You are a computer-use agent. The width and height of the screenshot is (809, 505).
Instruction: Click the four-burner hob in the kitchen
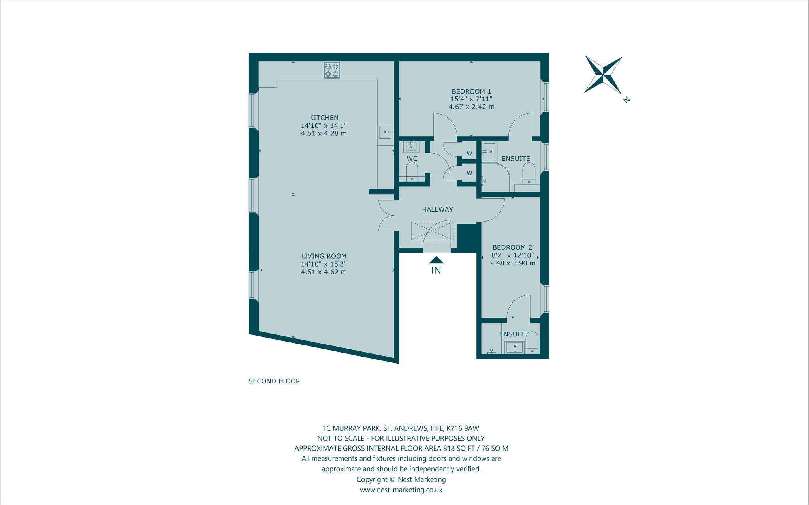[x=332, y=70]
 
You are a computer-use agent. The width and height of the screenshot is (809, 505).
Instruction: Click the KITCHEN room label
[x=324, y=118]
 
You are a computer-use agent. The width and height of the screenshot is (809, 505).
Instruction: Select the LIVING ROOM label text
[x=324, y=256]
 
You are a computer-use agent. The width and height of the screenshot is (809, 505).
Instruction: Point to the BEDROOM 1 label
[x=472, y=92]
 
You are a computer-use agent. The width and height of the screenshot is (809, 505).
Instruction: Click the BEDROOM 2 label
[x=512, y=248]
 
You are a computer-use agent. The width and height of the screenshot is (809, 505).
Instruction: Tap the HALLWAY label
[x=437, y=210]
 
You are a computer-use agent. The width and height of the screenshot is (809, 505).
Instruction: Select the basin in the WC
[x=412, y=146]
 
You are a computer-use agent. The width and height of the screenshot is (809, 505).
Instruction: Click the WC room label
[x=412, y=159]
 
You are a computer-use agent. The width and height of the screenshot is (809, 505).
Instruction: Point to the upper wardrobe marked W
[x=469, y=153]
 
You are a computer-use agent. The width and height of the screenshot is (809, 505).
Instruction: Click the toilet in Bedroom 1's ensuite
[x=529, y=174]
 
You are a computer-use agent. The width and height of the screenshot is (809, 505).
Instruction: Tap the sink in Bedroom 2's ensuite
[x=515, y=348]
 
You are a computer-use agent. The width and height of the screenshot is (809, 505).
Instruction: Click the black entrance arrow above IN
[x=436, y=260]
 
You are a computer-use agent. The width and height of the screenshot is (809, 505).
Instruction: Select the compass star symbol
[x=603, y=75]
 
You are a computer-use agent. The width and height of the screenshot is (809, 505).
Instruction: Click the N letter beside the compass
[x=626, y=100]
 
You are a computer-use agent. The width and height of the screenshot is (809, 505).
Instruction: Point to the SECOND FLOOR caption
[x=274, y=381]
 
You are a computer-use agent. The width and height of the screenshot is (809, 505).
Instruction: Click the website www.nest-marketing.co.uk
[x=401, y=490]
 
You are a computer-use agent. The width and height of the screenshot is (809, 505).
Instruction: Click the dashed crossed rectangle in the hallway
[x=432, y=231]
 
